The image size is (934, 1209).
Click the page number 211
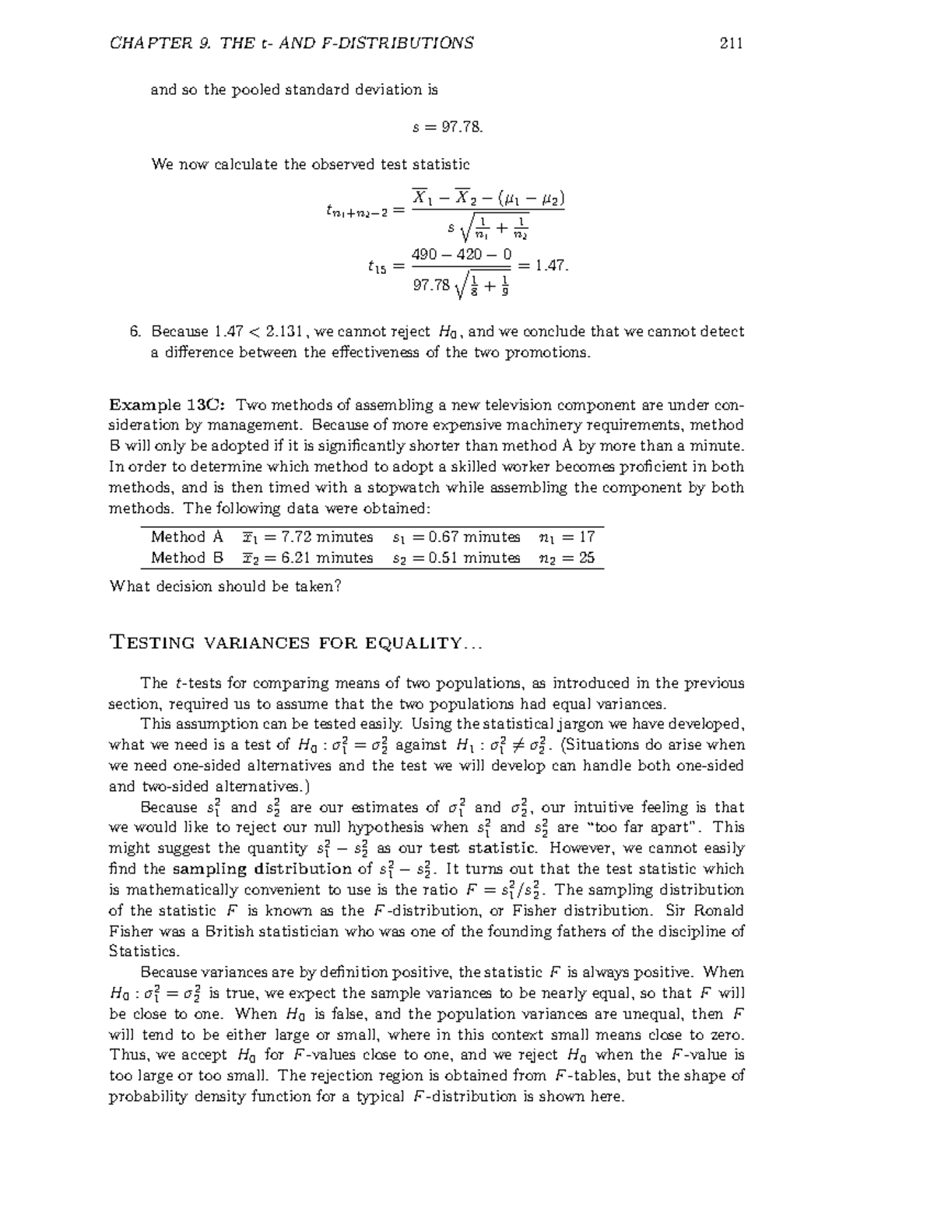731,43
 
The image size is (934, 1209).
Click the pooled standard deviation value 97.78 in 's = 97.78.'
462,127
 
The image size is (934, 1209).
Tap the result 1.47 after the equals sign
549,265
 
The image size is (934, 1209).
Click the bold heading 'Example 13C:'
168,405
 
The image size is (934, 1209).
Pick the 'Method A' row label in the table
187,537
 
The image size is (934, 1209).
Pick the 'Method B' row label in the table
187,558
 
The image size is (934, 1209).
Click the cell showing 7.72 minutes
307,537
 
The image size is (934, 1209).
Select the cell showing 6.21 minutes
307,558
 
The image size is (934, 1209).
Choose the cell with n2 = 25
566,558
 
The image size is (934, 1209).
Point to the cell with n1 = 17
566,537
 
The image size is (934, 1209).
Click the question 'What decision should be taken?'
225,586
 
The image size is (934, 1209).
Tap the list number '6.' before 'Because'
135,332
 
